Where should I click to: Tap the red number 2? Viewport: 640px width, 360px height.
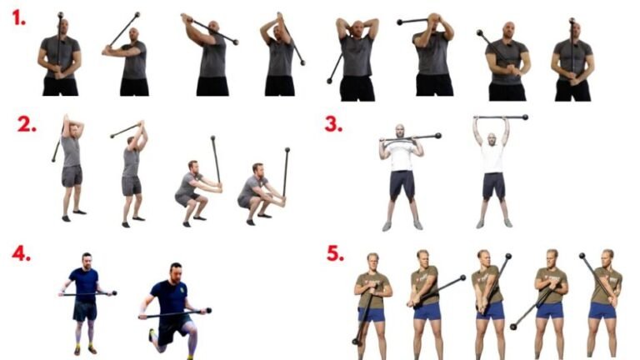pos(27,125)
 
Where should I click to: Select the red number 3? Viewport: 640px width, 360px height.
pos(333,124)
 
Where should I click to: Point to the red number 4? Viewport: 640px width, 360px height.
pos(21,252)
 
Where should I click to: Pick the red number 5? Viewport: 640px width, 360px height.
pos(335,253)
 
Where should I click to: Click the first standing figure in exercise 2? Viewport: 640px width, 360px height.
pos(72,167)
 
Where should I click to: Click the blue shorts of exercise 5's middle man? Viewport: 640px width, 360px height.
pos(489,310)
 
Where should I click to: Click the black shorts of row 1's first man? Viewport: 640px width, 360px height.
pos(60,86)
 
